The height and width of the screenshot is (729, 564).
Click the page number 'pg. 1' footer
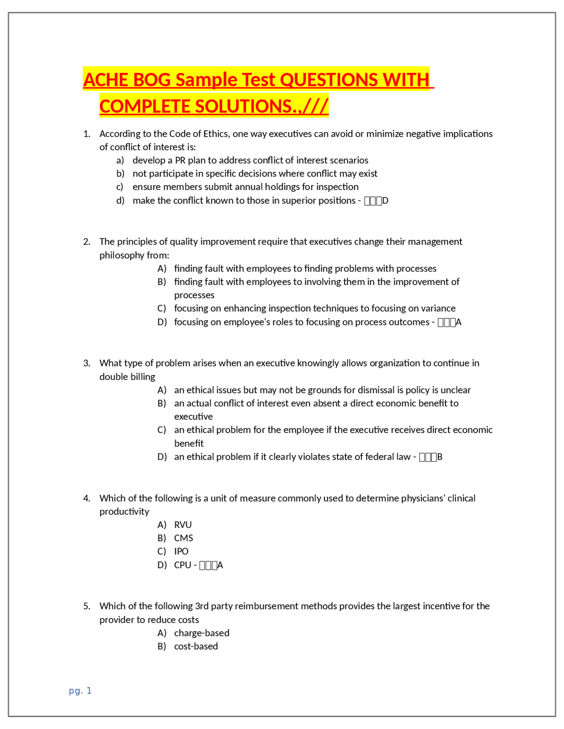pyautogui.click(x=80, y=690)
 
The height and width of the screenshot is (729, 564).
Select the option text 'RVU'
pyautogui.click(x=183, y=525)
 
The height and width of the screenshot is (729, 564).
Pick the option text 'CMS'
pyautogui.click(x=184, y=538)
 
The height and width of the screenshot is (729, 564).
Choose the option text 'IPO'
pyautogui.click(x=181, y=551)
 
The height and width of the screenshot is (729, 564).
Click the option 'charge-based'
pyautogui.click(x=202, y=633)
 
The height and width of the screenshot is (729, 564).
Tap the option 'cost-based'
pyautogui.click(x=196, y=646)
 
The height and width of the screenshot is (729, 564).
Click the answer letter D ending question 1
pyautogui.click(x=386, y=201)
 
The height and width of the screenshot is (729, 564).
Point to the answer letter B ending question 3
pyautogui.click(x=440, y=457)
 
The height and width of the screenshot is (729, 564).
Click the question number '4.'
pyautogui.click(x=87, y=498)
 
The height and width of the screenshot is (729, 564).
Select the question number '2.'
pyautogui.click(x=87, y=242)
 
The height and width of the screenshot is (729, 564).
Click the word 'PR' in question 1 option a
pyautogui.click(x=180, y=160)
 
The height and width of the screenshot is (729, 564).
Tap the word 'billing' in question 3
pyautogui.click(x=141, y=377)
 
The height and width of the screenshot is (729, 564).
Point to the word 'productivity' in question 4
pyautogui.click(x=124, y=512)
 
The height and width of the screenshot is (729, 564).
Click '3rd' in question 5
pyautogui.click(x=202, y=606)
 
